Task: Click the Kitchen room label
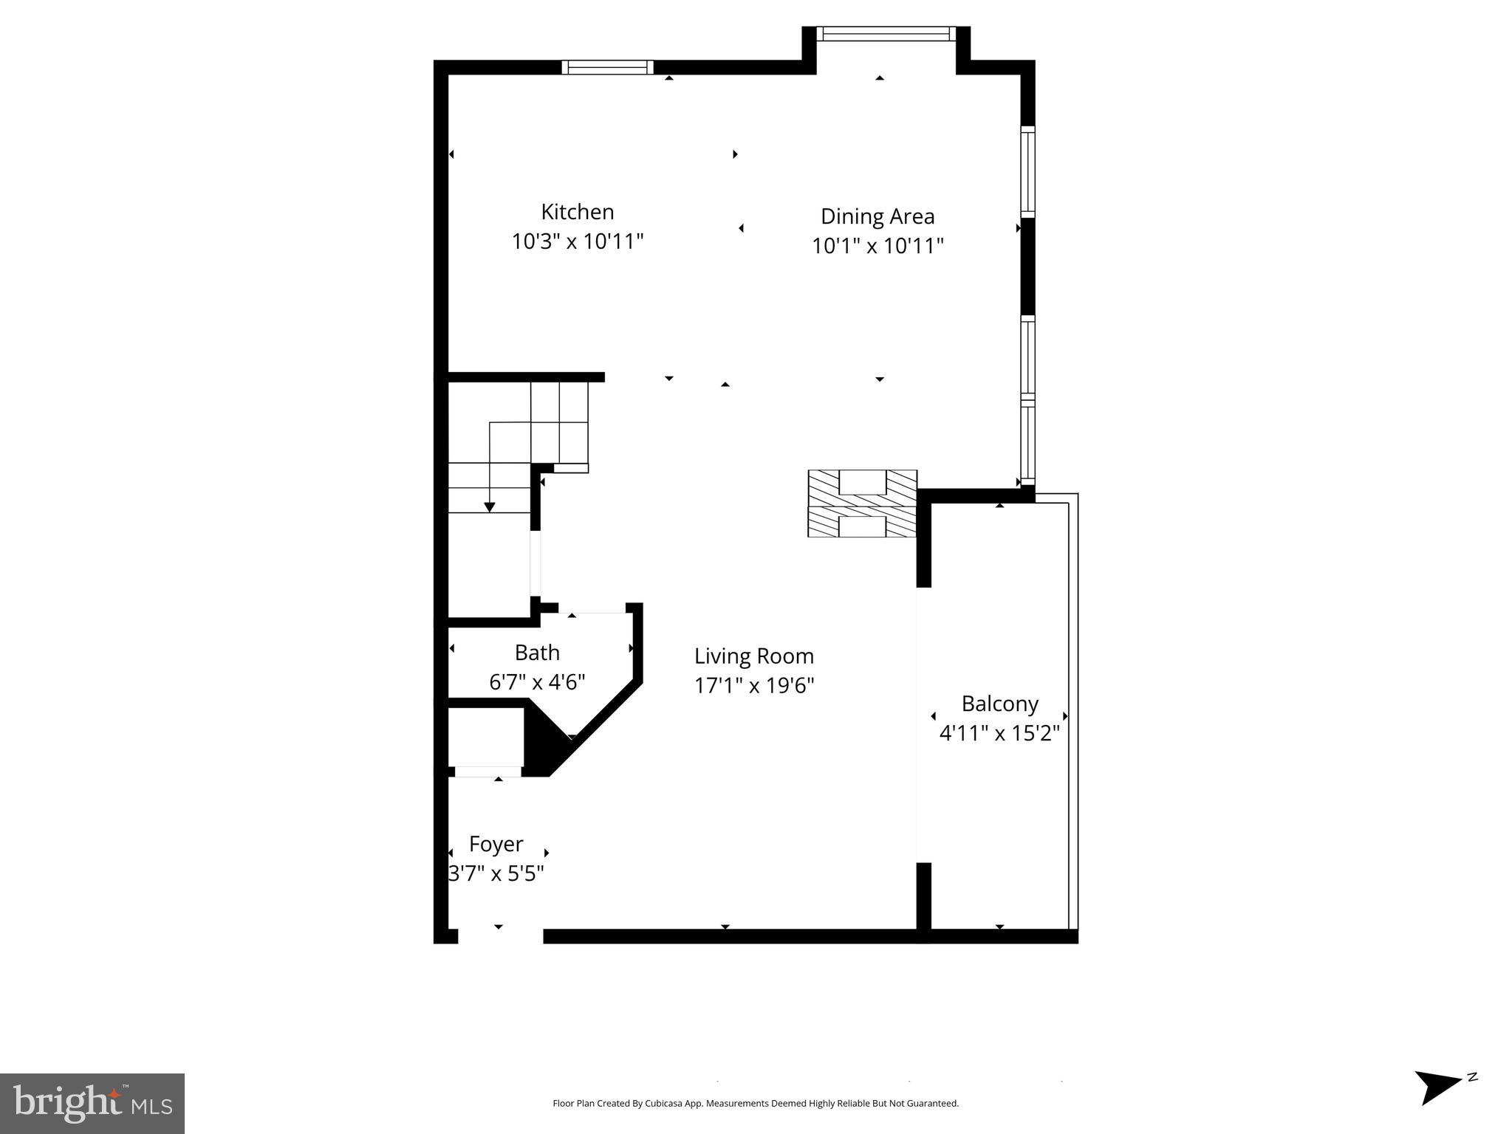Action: [x=577, y=212]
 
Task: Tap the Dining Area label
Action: [x=878, y=216]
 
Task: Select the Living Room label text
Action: [x=753, y=656]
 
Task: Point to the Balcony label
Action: [x=999, y=704]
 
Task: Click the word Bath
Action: [x=537, y=653]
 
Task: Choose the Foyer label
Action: [x=496, y=844]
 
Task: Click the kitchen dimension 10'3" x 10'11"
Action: [x=578, y=241]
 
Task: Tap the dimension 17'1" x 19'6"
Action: [x=753, y=686]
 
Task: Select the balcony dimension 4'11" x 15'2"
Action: [x=999, y=734]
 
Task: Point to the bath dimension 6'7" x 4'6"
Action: [x=537, y=682]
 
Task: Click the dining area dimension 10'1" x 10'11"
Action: [x=878, y=246]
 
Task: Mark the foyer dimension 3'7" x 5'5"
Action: [x=496, y=874]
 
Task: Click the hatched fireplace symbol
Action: [x=862, y=504]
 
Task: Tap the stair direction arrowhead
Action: [x=489, y=506]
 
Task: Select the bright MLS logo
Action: [x=92, y=1103]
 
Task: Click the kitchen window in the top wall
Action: [x=607, y=67]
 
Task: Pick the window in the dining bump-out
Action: [x=886, y=34]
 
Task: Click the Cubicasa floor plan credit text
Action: [x=755, y=1103]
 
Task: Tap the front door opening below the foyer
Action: [x=500, y=936]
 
